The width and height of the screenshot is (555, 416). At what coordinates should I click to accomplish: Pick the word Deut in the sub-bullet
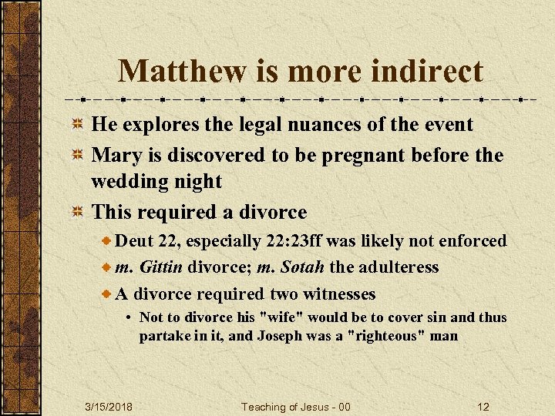(x=134, y=241)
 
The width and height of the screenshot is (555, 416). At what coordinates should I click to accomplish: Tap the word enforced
(x=473, y=241)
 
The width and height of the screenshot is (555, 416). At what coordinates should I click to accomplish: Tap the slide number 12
(x=483, y=406)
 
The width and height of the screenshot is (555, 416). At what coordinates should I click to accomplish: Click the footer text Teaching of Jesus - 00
(x=295, y=406)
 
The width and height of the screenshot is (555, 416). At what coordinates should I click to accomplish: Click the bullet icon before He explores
(x=77, y=125)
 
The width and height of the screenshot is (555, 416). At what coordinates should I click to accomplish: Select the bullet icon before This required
(x=77, y=213)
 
